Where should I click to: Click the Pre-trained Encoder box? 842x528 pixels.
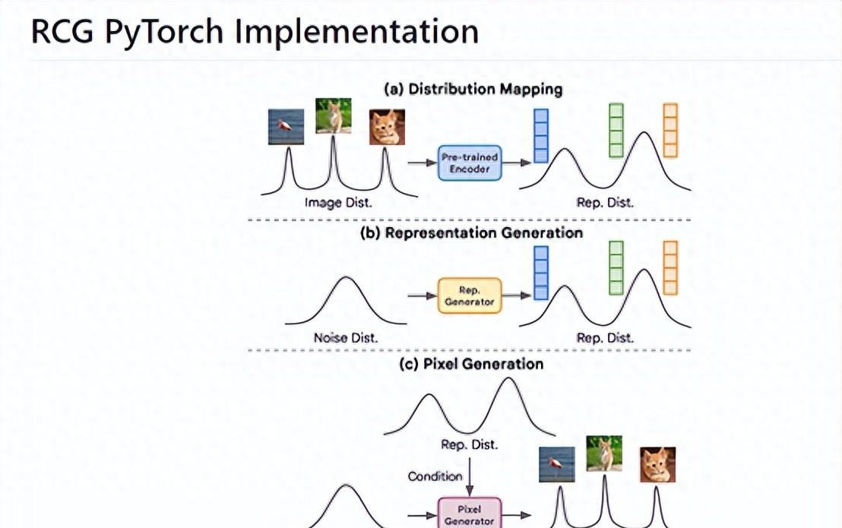coord(470,162)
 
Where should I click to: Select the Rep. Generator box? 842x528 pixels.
coord(470,296)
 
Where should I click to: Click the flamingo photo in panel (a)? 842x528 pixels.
coord(286,126)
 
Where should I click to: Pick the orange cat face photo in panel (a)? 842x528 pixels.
coord(387,127)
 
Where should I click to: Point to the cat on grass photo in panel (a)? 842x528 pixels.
coord(334,115)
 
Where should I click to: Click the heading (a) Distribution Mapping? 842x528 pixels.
coord(473,89)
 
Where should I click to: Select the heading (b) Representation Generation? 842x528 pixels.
coord(471,232)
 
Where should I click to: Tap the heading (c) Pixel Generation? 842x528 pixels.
coord(471,364)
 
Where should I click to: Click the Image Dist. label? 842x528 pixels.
coord(338,203)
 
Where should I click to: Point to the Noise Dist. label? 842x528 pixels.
coord(346,337)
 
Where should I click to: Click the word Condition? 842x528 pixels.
coord(435,476)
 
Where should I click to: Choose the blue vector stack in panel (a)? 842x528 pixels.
coord(540,135)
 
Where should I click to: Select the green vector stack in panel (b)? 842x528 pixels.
coord(616,268)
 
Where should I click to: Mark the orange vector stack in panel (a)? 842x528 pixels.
coord(669,131)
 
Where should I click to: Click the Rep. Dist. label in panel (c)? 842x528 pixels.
coord(470,444)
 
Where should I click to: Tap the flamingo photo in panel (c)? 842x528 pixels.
coord(556,464)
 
